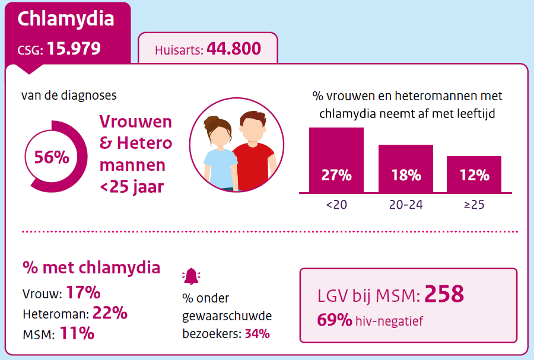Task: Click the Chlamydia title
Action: (x=66, y=19)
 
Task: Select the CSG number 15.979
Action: (x=74, y=49)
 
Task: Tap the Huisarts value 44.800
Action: (x=234, y=49)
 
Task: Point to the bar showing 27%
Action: (x=336, y=160)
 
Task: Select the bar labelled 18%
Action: (x=406, y=168)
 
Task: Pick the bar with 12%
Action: (x=474, y=174)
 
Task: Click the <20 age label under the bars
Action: (x=336, y=205)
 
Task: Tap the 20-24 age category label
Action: (x=406, y=205)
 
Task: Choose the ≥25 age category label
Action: (x=474, y=205)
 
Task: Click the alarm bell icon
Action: (x=191, y=276)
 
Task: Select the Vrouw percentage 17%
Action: (x=83, y=293)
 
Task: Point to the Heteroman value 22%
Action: (x=110, y=313)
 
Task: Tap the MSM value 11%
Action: (x=77, y=333)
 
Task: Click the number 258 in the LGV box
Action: (x=444, y=294)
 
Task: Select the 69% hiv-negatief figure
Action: (x=335, y=321)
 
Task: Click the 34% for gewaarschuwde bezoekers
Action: (x=257, y=333)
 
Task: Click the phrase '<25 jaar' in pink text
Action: (x=132, y=187)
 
